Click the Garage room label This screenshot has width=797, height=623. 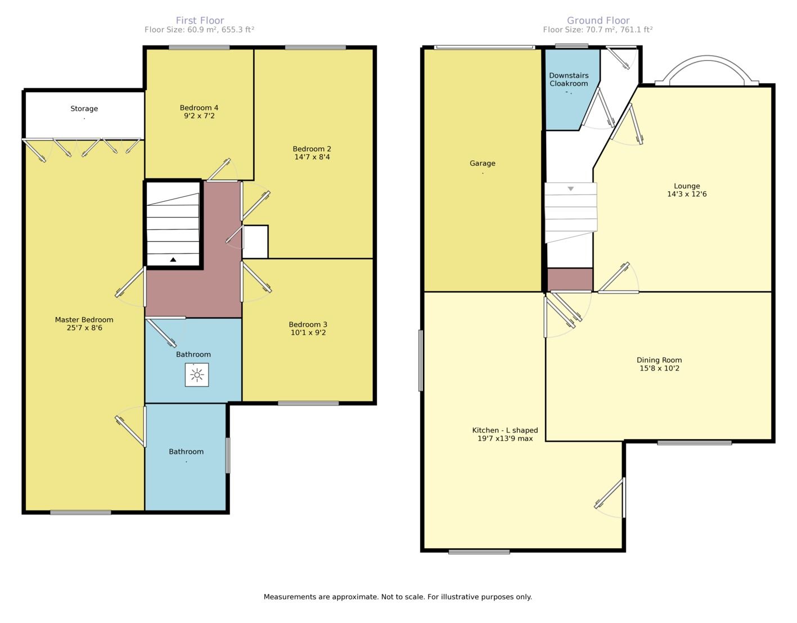[x=483, y=164]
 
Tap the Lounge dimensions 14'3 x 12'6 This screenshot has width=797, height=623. [x=687, y=194]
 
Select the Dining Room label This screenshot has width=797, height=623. [x=659, y=360]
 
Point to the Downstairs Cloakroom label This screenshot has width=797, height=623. [x=569, y=79]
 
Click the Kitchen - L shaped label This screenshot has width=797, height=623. [x=505, y=430]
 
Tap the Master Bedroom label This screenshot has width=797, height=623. [x=84, y=319]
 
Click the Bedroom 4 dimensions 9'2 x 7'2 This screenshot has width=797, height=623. [x=199, y=116]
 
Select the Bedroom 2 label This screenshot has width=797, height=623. [x=312, y=149]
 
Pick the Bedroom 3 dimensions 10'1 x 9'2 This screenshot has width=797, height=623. [x=308, y=333]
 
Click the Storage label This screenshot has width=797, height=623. [x=84, y=109]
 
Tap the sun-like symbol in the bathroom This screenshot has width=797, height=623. [x=197, y=375]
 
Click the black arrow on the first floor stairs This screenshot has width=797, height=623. [x=173, y=259]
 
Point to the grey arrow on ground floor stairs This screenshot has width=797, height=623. [x=570, y=189]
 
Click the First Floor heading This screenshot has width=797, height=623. [x=200, y=20]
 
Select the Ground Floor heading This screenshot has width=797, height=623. [x=598, y=20]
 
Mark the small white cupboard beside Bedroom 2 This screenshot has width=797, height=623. [x=255, y=242]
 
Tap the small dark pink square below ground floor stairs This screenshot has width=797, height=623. [x=570, y=279]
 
